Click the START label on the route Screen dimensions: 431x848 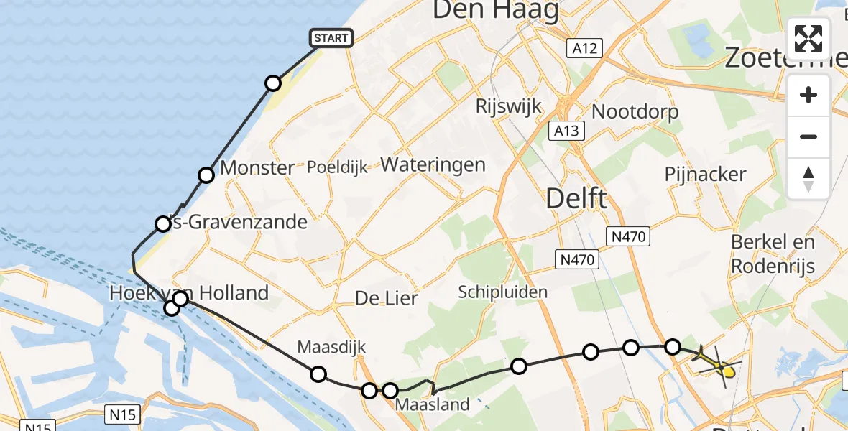[331, 38]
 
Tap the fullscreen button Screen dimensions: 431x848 [808, 39]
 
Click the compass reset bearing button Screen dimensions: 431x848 [808, 179]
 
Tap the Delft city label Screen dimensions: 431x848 [576, 198]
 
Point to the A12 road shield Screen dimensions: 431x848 [584, 48]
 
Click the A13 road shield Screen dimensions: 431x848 [566, 131]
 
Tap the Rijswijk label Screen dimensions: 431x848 [508, 106]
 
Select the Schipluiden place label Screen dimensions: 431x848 [503, 292]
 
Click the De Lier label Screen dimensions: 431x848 [387, 298]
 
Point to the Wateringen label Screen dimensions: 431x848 [433, 164]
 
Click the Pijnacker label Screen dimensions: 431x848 [705, 174]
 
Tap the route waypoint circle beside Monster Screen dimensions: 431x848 [206, 175]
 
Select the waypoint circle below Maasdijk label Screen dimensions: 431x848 [318, 374]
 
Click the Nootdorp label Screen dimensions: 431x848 [635, 112]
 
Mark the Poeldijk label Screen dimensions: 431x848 [337, 168]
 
